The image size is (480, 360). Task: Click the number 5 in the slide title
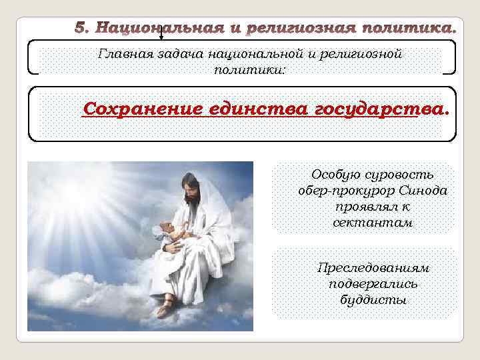click(x=81, y=29)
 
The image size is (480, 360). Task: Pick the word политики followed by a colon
click(x=248, y=69)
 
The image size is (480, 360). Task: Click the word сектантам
click(x=373, y=223)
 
